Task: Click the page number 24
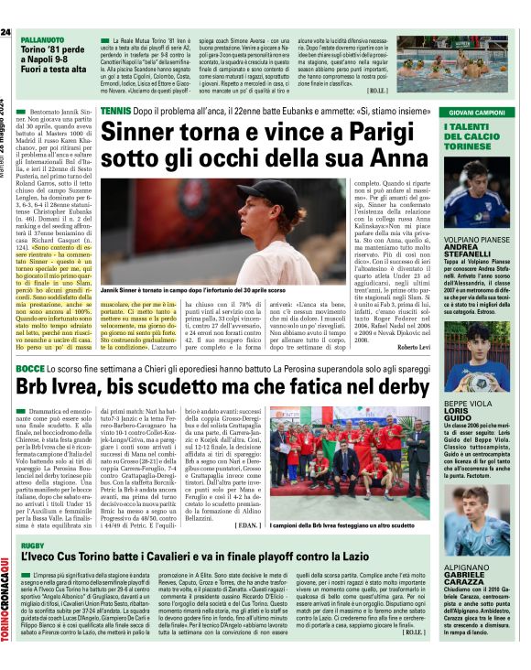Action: pos(6,33)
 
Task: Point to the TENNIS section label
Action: pos(115,110)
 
